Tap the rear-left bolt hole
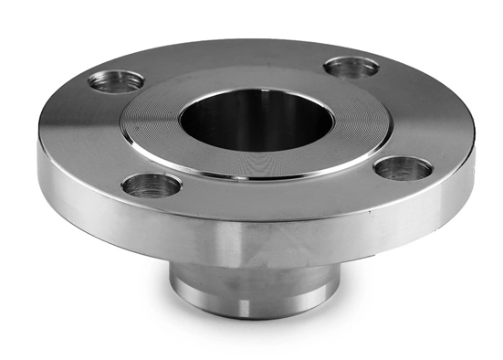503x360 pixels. coord(116,80)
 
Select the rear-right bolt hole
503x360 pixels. coord(351,67)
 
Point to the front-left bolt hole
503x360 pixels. coord(152,185)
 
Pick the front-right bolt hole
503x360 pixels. coord(403,168)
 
